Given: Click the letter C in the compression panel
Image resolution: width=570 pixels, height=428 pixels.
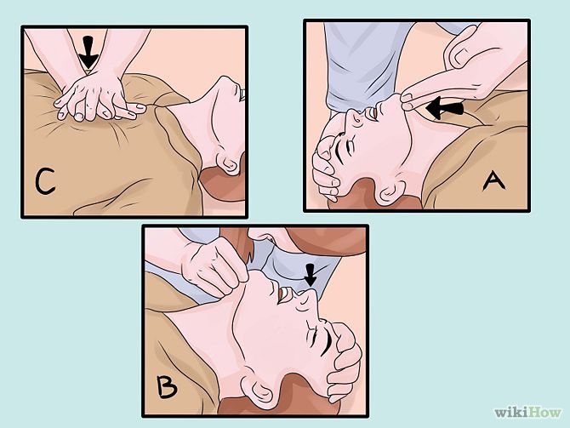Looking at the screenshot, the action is pyautogui.click(x=45, y=180).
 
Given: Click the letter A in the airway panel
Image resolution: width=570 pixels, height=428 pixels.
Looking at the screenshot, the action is pyautogui.click(x=493, y=180).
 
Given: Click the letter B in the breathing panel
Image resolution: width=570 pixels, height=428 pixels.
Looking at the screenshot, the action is pyautogui.click(x=167, y=387).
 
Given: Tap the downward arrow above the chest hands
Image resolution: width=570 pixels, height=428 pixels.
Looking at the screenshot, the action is pyautogui.click(x=88, y=52).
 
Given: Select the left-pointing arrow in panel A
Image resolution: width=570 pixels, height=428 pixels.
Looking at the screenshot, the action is pyautogui.click(x=444, y=107).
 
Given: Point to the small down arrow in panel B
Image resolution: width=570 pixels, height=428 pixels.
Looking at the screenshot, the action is pyautogui.click(x=310, y=275).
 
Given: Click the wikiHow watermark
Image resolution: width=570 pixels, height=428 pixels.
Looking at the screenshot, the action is pyautogui.click(x=527, y=412).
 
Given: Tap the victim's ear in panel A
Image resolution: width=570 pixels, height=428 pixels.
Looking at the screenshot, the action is pyautogui.click(x=390, y=191).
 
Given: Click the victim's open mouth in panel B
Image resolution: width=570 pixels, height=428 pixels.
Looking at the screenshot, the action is pyautogui.click(x=283, y=295).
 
